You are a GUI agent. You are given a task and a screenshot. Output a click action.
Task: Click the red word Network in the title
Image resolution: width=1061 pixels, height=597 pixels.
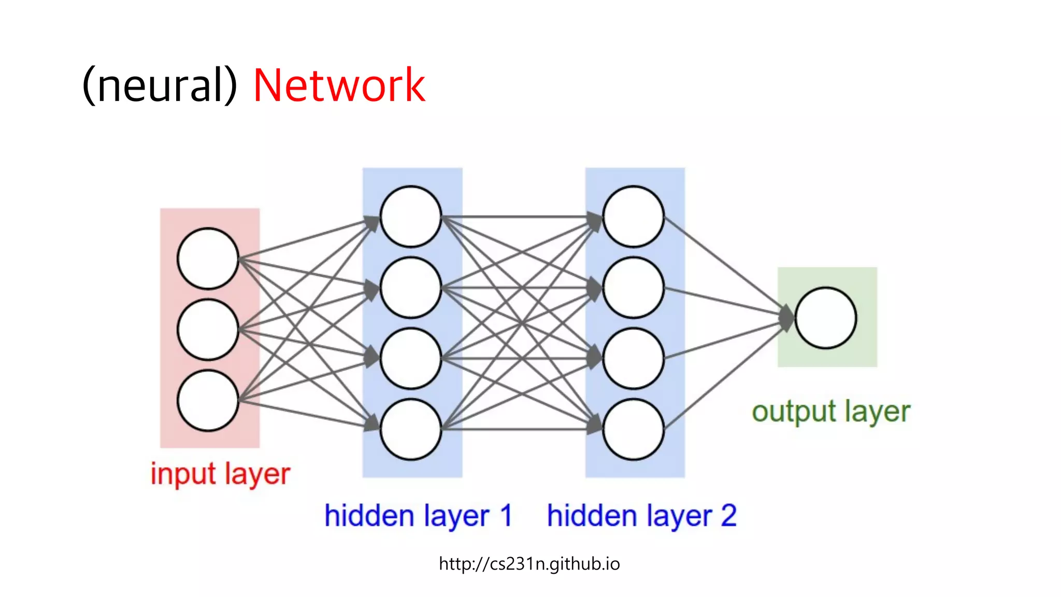(339, 86)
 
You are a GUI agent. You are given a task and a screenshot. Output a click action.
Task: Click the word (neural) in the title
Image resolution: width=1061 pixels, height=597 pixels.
(160, 86)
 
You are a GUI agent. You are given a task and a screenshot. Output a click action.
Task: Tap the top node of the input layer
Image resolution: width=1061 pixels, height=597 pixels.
(208, 259)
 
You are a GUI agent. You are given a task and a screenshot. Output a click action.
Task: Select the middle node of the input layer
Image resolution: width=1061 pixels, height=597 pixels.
(208, 330)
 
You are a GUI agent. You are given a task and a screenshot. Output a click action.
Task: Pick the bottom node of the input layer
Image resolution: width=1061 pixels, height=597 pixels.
(208, 401)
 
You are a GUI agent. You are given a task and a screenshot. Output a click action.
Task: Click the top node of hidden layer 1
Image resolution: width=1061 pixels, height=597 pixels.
(411, 217)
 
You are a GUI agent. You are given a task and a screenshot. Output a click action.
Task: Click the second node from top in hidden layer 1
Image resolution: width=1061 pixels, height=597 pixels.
(411, 288)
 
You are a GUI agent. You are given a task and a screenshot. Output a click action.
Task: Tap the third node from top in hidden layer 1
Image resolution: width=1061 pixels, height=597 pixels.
(411, 359)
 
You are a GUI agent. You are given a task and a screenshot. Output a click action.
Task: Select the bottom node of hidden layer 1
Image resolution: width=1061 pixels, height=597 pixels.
(411, 429)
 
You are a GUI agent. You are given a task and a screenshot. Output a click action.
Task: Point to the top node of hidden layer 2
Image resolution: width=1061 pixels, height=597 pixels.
(633, 217)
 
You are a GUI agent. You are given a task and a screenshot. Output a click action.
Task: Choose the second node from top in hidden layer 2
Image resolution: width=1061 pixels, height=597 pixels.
(633, 288)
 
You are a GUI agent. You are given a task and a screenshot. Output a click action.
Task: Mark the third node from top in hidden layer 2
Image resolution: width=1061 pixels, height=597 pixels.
(633, 359)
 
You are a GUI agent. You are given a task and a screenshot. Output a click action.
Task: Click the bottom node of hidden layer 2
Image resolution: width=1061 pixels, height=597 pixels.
(633, 429)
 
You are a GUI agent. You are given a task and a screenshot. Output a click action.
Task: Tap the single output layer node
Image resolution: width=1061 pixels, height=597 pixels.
(826, 318)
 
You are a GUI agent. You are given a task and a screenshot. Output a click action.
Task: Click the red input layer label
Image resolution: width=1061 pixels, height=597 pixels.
(220, 474)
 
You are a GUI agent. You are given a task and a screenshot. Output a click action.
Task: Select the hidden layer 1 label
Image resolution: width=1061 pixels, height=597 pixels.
(418, 516)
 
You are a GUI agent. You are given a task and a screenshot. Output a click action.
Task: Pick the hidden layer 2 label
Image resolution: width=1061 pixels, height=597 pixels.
(641, 516)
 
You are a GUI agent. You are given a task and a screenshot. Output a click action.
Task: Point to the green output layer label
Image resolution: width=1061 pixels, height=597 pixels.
(830, 412)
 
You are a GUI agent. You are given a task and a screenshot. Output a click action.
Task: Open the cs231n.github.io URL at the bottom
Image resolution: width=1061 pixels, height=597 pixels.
(529, 563)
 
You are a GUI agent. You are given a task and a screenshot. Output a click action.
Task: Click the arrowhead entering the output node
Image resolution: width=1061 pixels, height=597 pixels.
(786, 317)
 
